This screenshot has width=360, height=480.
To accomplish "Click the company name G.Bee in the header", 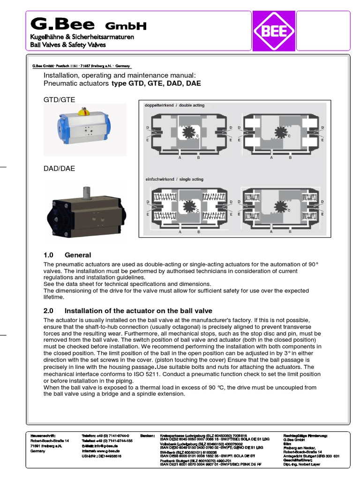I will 62,23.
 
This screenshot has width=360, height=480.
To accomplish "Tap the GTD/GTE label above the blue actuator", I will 59,99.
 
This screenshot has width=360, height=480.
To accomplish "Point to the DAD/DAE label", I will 59,168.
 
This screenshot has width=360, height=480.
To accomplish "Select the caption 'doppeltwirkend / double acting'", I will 174,105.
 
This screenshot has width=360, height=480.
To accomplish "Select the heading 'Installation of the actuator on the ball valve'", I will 138,310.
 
